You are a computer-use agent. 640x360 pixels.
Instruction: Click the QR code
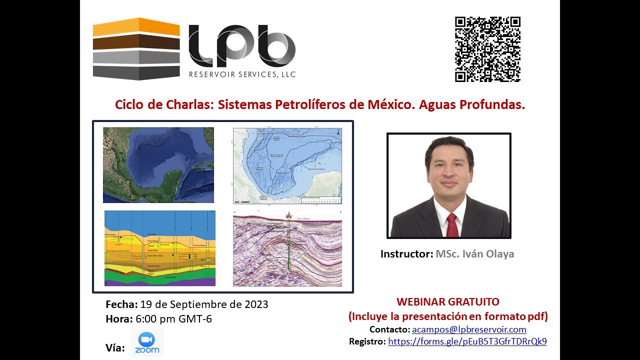pos(487,49)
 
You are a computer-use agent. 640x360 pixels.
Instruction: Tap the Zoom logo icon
pos(147,342)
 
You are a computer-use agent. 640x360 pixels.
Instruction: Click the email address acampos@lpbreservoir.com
pos(468,329)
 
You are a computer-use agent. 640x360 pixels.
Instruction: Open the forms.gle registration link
pos(467,341)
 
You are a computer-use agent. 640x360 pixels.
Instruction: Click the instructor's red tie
pos(452,224)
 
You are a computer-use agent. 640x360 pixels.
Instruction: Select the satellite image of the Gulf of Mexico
pos(158,165)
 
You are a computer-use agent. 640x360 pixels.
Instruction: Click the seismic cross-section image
pos(287,248)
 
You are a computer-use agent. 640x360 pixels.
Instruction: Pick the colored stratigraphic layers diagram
pos(159,248)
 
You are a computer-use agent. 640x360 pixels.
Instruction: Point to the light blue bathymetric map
pos(287,165)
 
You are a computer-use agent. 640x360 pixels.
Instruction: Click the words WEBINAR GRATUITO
pos(447,302)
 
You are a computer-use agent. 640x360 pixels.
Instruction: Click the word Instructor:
pos(406,254)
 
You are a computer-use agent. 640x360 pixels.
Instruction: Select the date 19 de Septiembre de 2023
pos(204,304)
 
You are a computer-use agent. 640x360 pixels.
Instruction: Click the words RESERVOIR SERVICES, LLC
pos(242,75)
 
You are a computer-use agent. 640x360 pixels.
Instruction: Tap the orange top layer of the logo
pos(136,27)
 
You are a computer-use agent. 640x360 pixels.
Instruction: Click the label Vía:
pos(115,347)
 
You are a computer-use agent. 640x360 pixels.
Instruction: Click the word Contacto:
pos(389,329)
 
